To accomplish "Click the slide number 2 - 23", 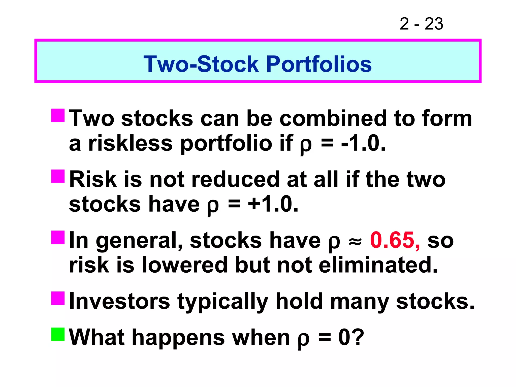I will point(421,24).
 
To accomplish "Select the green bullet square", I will point(58,334).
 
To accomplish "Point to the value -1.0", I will point(363,144).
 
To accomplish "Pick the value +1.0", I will point(273,204).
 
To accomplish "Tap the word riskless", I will point(130,144).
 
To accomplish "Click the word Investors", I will point(120,301).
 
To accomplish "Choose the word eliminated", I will point(378,265).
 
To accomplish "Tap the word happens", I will point(178,338).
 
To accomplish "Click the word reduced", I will point(235,179).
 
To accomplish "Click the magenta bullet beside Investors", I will point(58,298).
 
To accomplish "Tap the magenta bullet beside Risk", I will point(58,176).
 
